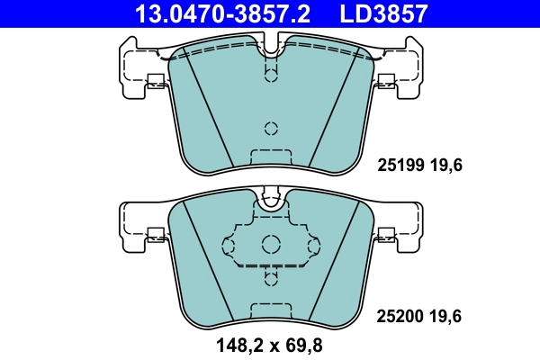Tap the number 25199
(x=396, y=166)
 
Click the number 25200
(x=396, y=316)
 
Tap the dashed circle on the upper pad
(x=270, y=127)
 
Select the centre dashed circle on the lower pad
(x=270, y=244)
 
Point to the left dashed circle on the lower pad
(x=228, y=244)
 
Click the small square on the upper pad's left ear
(x=155, y=79)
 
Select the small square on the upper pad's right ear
(x=386, y=79)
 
